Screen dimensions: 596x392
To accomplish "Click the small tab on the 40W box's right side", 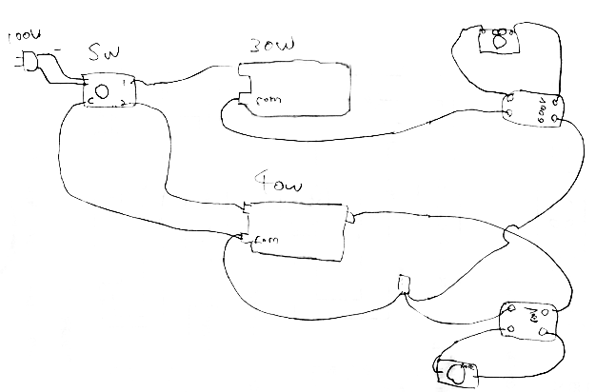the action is pyautogui.click(x=350, y=219).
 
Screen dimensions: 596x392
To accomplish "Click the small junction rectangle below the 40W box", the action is pyautogui.click(x=404, y=284).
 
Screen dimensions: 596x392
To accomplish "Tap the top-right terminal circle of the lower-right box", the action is pyautogui.click(x=546, y=311).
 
